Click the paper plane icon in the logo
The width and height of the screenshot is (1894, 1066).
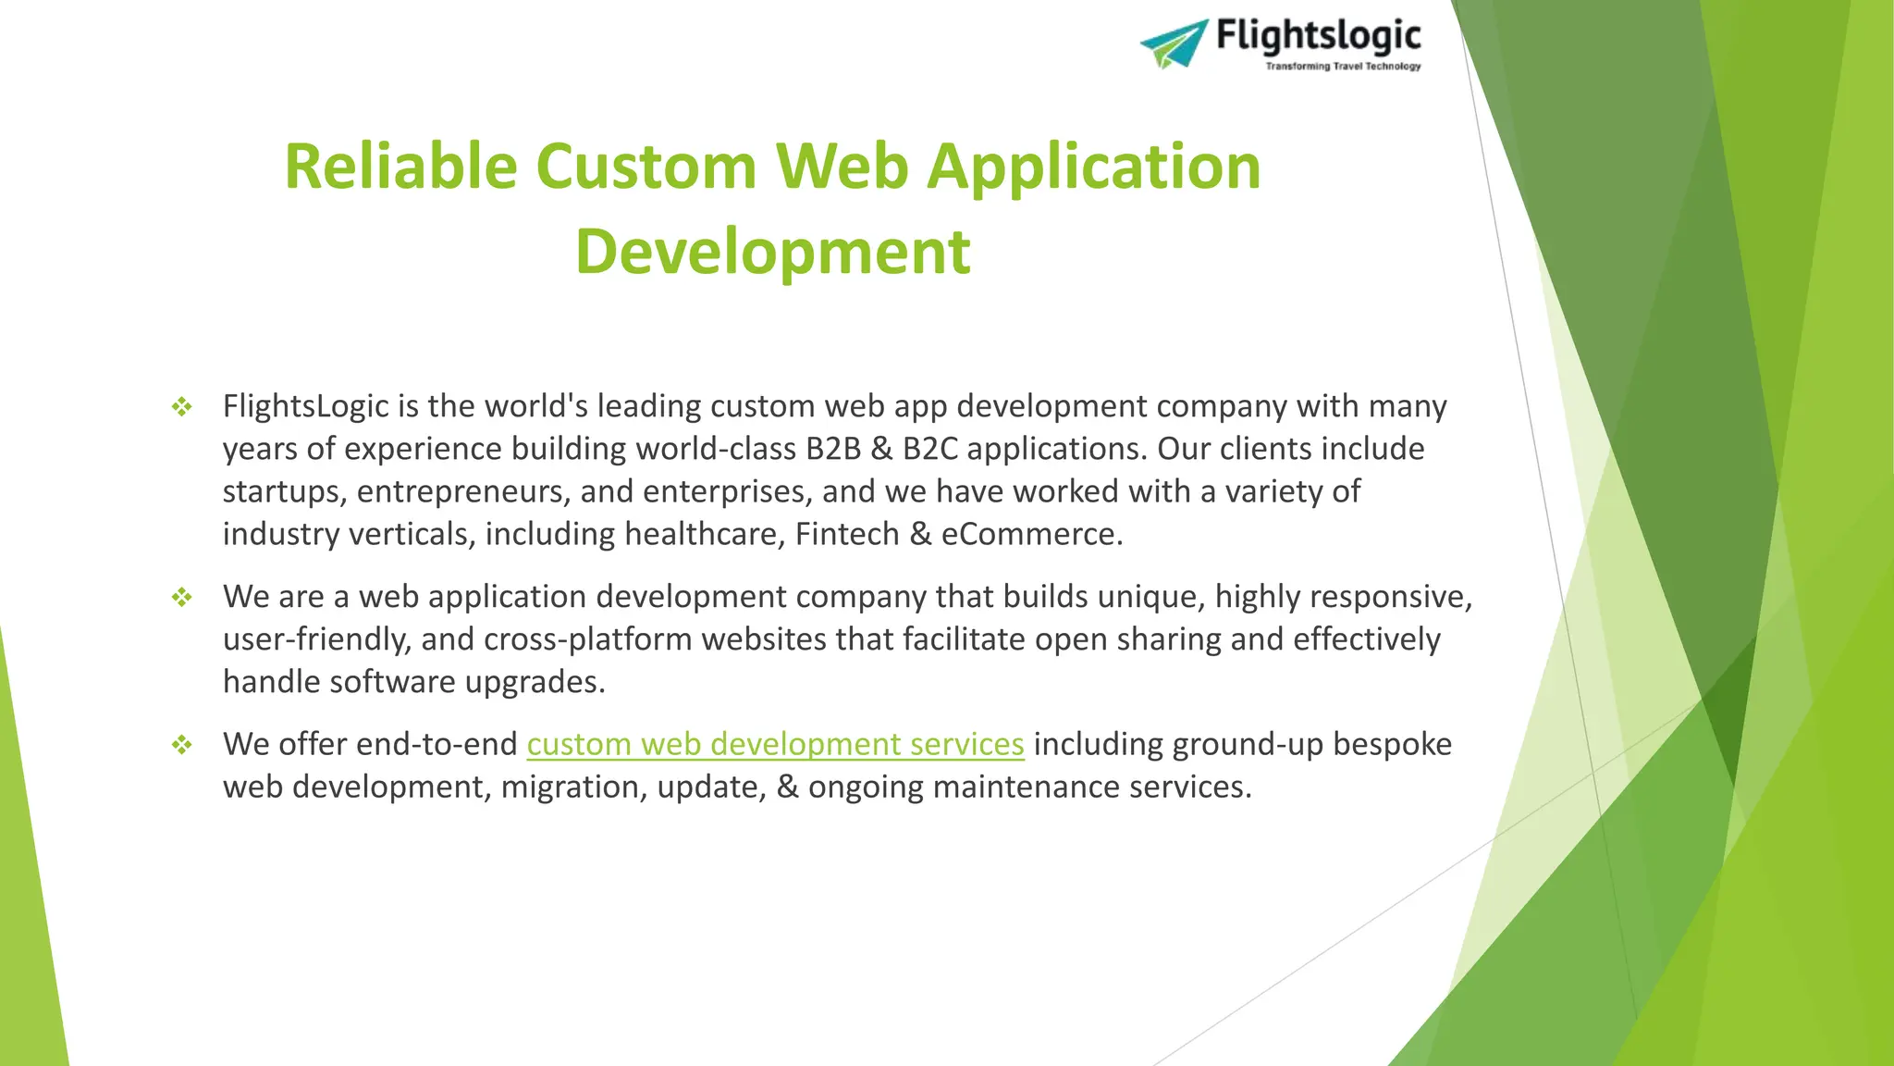(x=1174, y=43)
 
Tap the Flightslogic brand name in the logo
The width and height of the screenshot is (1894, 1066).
(x=1318, y=35)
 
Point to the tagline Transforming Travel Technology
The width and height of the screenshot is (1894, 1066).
(x=1342, y=67)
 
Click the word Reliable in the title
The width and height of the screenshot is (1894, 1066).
(x=400, y=167)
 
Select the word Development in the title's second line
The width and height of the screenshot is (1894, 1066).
(x=772, y=252)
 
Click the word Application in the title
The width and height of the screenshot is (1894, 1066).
(x=1094, y=167)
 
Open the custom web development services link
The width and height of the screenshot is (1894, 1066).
(x=775, y=744)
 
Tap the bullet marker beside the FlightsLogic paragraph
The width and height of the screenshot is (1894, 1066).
(x=182, y=406)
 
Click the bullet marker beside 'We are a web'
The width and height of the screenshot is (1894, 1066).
(x=182, y=597)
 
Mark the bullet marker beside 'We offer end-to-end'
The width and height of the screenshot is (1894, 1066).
(x=182, y=744)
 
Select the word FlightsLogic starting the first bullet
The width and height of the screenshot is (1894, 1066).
(x=306, y=406)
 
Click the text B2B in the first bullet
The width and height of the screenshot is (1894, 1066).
(x=832, y=449)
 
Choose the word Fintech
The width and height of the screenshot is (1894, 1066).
(x=847, y=534)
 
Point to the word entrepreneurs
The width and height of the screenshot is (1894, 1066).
(x=463, y=491)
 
